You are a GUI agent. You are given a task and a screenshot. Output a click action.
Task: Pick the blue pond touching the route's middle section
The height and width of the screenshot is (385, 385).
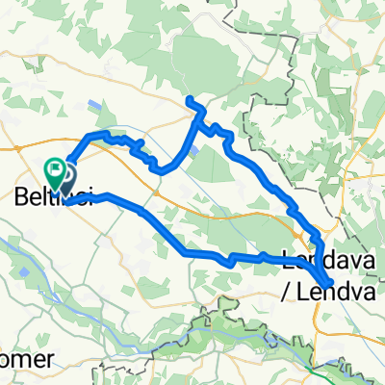point(196,149)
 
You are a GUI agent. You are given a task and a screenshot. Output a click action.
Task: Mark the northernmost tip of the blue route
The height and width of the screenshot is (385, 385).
point(190,100)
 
